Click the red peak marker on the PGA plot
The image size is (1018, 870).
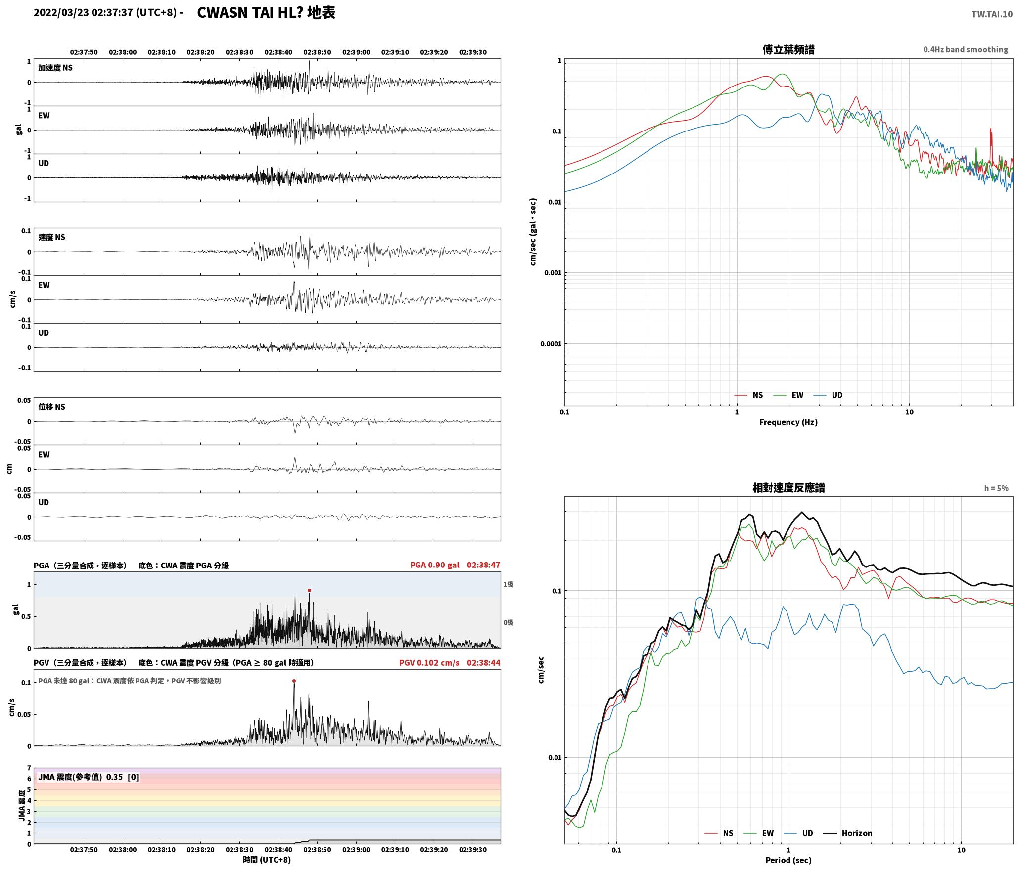coord(309,590)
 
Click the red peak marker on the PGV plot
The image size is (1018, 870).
coord(294,681)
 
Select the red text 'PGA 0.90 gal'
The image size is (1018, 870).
coord(434,565)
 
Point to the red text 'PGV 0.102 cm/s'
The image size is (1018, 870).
coord(429,662)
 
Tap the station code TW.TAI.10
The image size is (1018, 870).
coord(992,14)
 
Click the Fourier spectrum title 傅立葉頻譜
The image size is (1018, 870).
coord(788,49)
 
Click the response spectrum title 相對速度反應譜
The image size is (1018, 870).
coord(788,488)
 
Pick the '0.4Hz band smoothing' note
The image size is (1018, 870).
coord(966,49)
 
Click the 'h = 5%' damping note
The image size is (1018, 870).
coord(996,488)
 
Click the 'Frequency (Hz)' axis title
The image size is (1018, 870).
coord(788,422)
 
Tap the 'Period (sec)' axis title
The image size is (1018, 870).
coord(788,860)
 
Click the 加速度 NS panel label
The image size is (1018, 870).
coord(55,68)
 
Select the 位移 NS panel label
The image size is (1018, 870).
coord(52,407)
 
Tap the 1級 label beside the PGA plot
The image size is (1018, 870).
coord(508,584)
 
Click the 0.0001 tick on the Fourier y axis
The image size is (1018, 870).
coord(551,344)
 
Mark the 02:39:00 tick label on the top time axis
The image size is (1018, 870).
coord(356,52)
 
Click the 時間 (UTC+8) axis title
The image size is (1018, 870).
coord(267,860)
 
